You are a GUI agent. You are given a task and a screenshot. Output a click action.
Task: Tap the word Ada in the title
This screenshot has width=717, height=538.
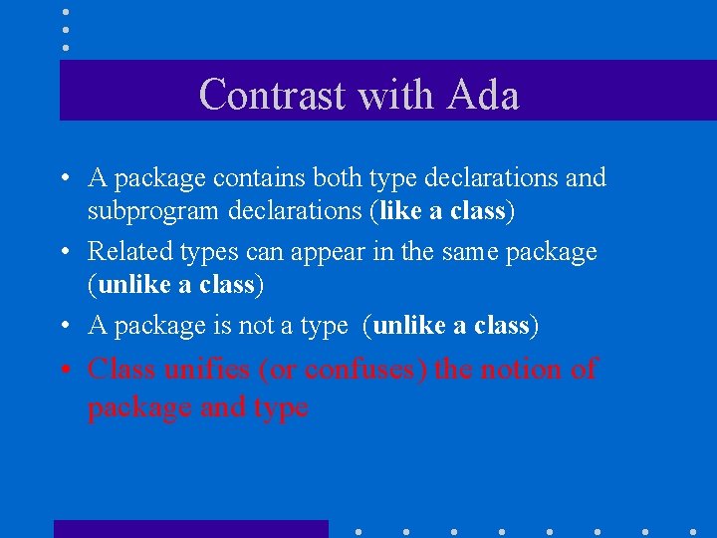tap(484, 96)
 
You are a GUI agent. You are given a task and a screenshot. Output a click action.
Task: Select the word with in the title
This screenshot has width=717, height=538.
tap(397, 96)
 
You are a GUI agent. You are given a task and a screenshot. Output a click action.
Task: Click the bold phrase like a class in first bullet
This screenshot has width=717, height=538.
tap(444, 212)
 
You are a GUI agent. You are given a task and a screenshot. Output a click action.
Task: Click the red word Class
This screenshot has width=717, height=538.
tap(121, 370)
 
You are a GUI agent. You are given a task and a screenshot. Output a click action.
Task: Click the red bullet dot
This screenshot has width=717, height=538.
tap(64, 371)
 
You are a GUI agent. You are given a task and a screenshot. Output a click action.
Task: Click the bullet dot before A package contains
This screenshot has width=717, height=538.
tap(64, 179)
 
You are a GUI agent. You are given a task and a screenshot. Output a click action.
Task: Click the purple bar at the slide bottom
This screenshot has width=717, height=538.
tap(190, 529)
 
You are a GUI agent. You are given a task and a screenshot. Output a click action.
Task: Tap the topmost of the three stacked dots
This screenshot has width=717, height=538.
tap(65, 12)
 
